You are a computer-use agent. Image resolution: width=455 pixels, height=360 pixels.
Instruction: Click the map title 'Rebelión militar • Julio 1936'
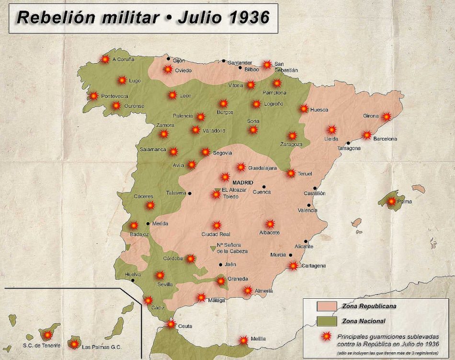click(143, 17)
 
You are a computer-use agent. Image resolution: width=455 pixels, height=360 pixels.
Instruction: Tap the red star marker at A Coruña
click(105, 59)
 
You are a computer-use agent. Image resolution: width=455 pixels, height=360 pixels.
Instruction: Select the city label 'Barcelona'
click(386, 139)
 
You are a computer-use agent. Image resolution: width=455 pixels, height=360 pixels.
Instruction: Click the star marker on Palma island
click(392, 201)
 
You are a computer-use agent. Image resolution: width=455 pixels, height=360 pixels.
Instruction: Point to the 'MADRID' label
click(243, 182)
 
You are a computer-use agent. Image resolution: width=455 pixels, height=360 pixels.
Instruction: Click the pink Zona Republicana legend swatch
click(327, 306)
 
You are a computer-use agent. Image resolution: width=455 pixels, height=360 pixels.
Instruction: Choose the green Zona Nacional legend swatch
click(327, 321)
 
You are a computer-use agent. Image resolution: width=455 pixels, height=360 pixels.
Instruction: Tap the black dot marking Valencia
click(309, 205)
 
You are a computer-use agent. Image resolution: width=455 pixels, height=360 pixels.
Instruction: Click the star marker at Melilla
click(244, 340)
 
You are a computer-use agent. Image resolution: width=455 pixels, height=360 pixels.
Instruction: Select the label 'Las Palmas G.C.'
click(102, 347)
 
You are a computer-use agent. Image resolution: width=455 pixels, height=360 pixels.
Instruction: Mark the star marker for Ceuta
click(171, 324)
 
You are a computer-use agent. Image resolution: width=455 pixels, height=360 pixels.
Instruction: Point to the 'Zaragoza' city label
click(291, 144)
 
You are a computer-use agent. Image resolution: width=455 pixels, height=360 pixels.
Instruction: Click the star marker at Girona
click(387, 116)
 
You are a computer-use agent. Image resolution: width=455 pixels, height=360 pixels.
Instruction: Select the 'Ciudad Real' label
click(216, 234)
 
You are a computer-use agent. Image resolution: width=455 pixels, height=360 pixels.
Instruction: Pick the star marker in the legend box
click(327, 337)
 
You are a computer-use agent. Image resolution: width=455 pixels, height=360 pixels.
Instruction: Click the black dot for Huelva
click(133, 280)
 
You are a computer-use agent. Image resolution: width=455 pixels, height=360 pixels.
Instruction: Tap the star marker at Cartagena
click(293, 266)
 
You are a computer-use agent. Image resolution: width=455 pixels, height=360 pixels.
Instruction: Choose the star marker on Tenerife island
click(47, 335)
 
